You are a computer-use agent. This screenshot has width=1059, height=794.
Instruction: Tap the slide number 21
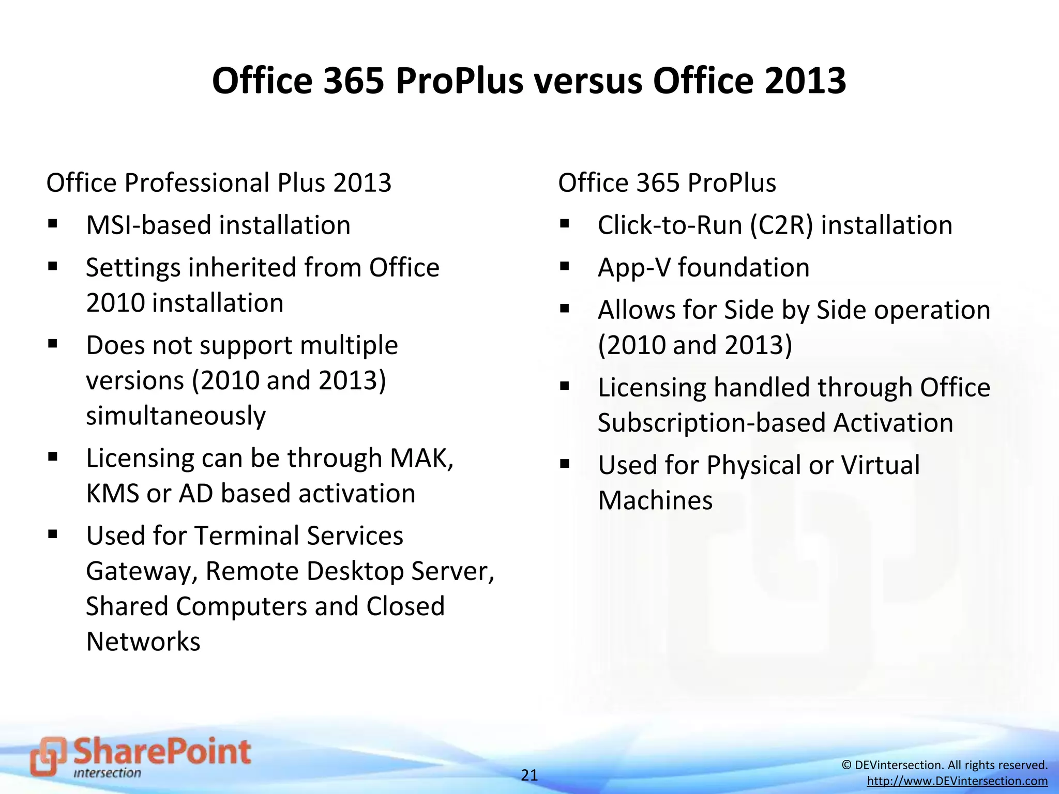[x=529, y=775]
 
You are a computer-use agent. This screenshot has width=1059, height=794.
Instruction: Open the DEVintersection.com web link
[x=957, y=781]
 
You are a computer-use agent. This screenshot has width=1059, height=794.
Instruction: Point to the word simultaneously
[x=176, y=416]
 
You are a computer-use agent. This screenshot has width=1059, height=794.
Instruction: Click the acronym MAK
[x=421, y=458]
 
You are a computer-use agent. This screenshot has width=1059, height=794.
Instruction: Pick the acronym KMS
[x=112, y=494]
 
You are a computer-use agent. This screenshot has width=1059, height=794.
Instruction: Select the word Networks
[x=143, y=642]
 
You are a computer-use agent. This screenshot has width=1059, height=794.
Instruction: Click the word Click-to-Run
[x=670, y=225]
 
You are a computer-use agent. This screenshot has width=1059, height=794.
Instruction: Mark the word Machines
[x=655, y=500]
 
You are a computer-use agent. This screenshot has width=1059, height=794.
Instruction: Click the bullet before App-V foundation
[x=564, y=267]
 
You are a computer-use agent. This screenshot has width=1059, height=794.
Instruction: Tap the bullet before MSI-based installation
[x=52, y=224]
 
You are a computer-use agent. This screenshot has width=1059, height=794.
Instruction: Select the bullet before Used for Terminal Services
[x=52, y=535]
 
